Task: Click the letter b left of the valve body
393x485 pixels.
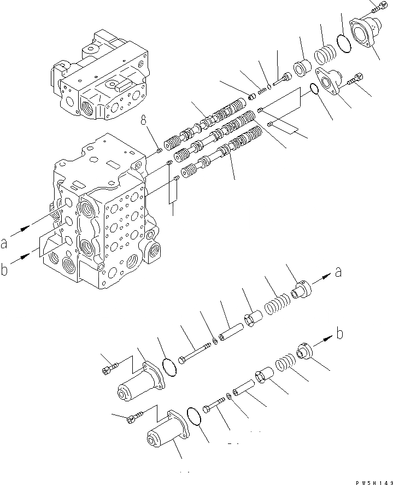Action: click(5, 268)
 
